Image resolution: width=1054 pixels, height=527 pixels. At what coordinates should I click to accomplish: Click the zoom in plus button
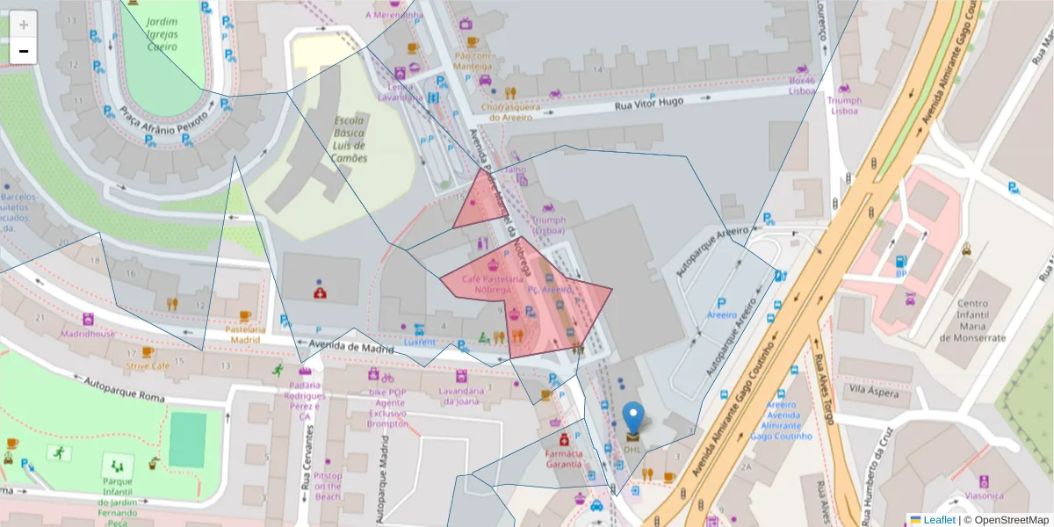24,25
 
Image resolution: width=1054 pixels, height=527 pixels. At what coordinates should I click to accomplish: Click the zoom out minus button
24,51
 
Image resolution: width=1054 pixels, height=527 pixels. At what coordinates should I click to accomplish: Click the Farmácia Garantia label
563,458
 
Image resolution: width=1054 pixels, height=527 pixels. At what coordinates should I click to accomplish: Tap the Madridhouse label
88,334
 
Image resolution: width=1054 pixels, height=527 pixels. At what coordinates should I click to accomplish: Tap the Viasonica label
983,495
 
